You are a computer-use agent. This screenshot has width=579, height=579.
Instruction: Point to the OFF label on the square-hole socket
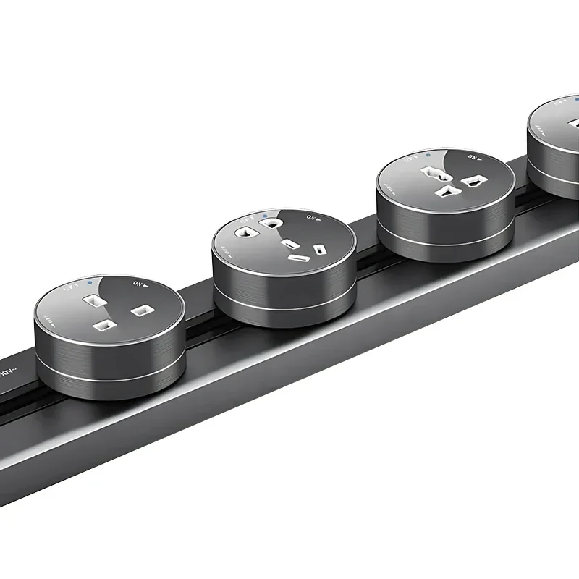pyautogui.click(x=48, y=319)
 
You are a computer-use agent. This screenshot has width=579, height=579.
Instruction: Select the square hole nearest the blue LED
pyautogui.click(x=93, y=297)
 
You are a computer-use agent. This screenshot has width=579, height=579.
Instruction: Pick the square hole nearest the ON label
pyautogui.click(x=140, y=311)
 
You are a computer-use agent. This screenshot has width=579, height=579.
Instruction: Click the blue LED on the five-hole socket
pyautogui.click(x=267, y=215)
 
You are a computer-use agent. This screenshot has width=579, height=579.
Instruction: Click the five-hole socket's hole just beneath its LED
pyautogui.click(x=271, y=224)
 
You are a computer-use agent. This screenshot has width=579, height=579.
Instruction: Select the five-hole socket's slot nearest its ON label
pyautogui.click(x=318, y=250)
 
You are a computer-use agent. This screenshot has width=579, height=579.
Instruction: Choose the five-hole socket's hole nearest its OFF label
pyautogui.click(x=243, y=233)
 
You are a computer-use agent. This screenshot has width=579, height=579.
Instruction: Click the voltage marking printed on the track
pyautogui.click(x=7, y=371)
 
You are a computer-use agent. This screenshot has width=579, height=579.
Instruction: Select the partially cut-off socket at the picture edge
pyautogui.click(x=554, y=145)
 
